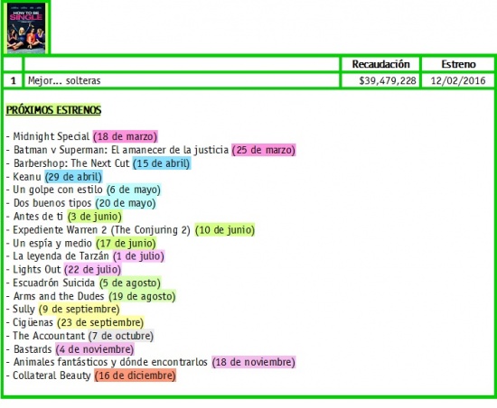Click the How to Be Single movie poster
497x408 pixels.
pyautogui.click(x=26, y=28)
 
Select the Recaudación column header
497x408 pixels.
pyautogui.click(x=380, y=64)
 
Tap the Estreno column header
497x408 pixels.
pyautogui.click(x=458, y=64)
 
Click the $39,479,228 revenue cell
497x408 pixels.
pyautogui.click(x=388, y=80)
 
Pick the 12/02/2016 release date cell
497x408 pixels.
pyautogui.click(x=458, y=80)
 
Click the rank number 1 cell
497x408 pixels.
pyautogui.click(x=13, y=80)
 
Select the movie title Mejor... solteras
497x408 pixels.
pyautogui.click(x=64, y=80)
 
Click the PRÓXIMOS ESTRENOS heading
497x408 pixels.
pyautogui.click(x=53, y=110)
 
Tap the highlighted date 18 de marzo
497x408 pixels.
pyautogui.click(x=126, y=136)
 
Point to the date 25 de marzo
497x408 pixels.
pyautogui.click(x=263, y=150)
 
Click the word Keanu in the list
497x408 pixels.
pyautogui.click(x=27, y=177)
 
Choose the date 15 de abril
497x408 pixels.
pyautogui.click(x=162, y=163)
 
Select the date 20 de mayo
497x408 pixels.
pyautogui.click(x=126, y=203)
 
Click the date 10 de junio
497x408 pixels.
pyautogui.click(x=225, y=230)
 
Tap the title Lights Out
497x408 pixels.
pyautogui.click(x=36, y=269)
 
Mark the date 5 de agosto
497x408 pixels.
pyautogui.click(x=130, y=283)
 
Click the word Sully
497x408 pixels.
pyautogui.click(x=23, y=309)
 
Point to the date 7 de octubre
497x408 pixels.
pyautogui.click(x=121, y=336)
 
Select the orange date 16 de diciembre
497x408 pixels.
pyautogui.click(x=135, y=376)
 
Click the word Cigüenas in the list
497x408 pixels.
pyautogui.click(x=33, y=322)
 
